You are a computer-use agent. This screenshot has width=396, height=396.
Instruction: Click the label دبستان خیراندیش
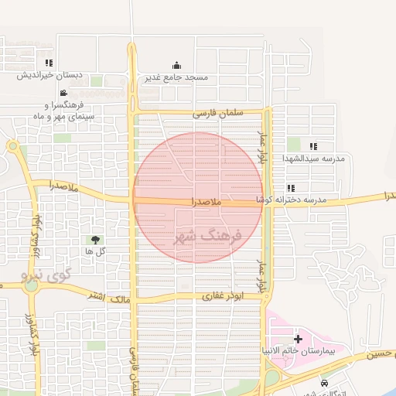pos(50,75)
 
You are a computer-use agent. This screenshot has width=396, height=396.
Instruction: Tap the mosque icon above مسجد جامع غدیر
pos(176,65)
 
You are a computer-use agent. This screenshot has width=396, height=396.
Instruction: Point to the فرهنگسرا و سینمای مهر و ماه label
pos(53,110)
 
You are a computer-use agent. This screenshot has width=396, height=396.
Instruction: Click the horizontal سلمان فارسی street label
pos(220,113)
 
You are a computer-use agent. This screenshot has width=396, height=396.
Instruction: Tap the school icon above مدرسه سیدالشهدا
pos(313,145)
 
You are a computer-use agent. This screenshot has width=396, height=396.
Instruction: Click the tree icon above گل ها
pos(95,241)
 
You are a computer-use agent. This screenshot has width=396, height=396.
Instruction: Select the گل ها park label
pos(95,252)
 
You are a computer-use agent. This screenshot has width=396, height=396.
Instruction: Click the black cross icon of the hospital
pos(298,340)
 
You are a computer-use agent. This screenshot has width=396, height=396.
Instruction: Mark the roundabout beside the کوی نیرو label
pos(31,285)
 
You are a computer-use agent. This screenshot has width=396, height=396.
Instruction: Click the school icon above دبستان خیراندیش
pos(49,63)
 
